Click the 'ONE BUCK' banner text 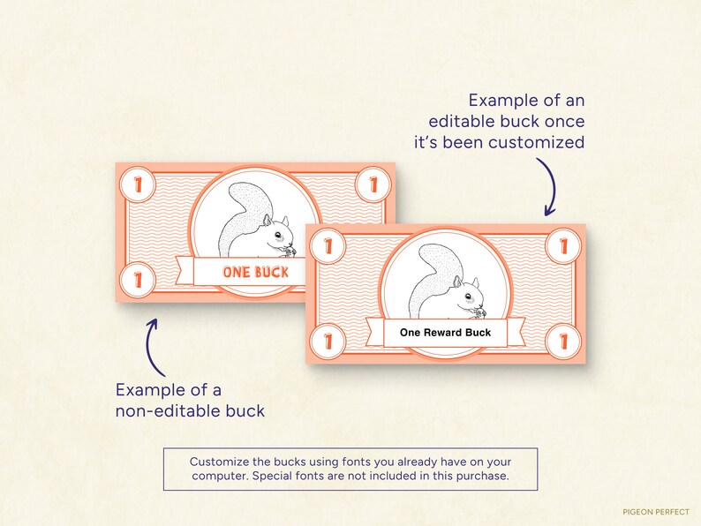click(256, 272)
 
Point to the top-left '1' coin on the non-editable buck click(139, 185)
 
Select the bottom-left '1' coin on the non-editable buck click(139, 279)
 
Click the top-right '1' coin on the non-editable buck click(369, 185)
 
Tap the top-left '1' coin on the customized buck click(328, 246)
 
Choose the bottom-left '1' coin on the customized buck click(328, 340)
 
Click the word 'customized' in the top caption click(539, 141)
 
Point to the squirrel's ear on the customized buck click(472, 283)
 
